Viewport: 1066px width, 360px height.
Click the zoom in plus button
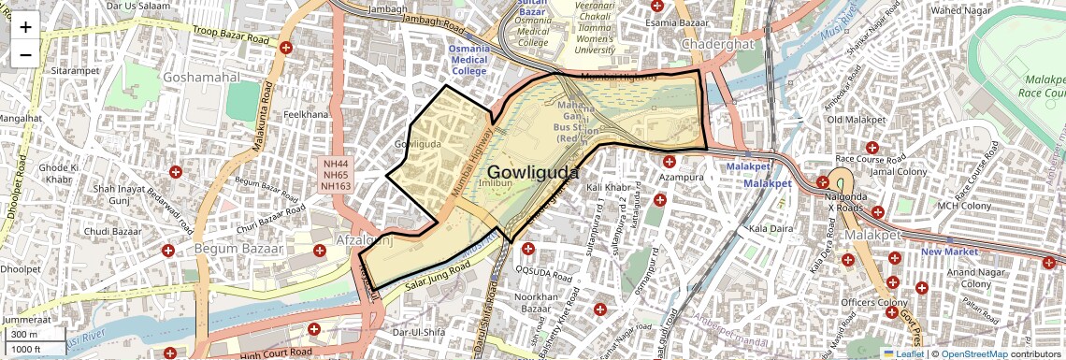(25, 27)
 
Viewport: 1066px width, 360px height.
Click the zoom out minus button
(25, 54)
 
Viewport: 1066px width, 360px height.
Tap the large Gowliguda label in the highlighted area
(532, 173)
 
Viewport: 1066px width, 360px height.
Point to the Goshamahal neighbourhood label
(202, 78)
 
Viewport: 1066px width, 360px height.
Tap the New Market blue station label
(949, 252)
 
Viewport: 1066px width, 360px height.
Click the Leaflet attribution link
(903, 353)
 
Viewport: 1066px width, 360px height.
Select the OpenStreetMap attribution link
(973, 353)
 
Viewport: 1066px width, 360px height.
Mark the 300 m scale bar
(25, 334)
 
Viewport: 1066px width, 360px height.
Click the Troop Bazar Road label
(231, 36)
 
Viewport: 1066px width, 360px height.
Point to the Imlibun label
(493, 184)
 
